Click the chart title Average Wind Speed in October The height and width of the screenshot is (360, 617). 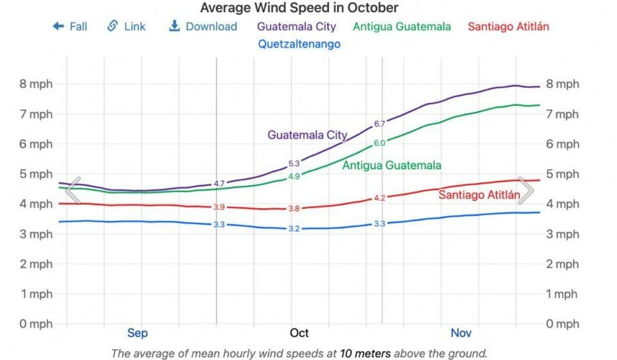coord(299,8)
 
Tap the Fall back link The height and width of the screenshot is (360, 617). coord(70,26)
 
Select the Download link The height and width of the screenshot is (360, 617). coord(202,26)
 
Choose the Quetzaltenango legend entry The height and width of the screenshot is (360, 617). coord(299,44)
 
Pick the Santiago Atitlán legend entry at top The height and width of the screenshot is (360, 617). coord(508,27)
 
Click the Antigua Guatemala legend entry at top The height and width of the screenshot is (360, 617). coord(402,27)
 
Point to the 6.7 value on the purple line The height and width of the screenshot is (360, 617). coord(379,124)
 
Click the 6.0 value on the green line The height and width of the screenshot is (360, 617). coord(379,143)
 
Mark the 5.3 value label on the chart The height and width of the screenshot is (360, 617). coord(294,164)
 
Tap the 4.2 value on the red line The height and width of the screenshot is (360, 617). coord(379,198)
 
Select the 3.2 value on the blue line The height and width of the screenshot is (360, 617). coord(294,229)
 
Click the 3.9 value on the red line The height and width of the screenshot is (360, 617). coord(219,207)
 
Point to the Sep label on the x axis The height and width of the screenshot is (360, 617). coord(137,333)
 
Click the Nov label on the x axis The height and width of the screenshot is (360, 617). coord(461,333)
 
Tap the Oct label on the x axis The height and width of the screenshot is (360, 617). coord(299,333)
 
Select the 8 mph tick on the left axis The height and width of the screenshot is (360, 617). coord(37,84)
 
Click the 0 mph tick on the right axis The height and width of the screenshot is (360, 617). coord(562,324)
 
